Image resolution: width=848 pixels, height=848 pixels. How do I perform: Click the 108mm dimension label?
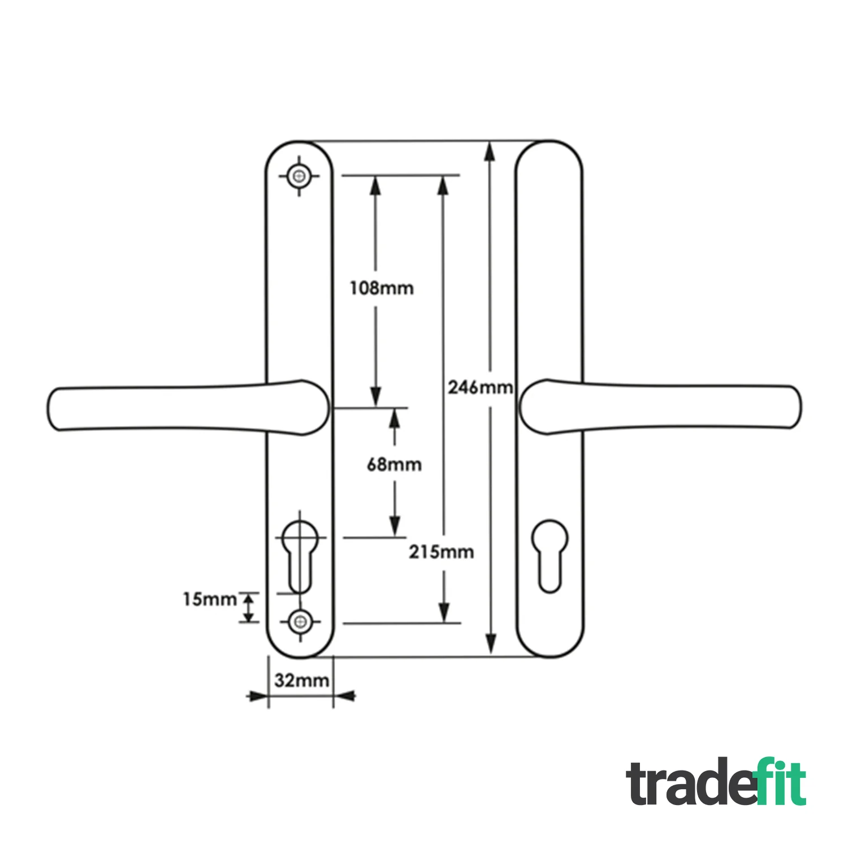click(x=382, y=288)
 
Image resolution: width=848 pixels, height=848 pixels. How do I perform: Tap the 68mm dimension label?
click(x=395, y=465)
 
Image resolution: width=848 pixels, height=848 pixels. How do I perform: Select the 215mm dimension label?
click(x=442, y=552)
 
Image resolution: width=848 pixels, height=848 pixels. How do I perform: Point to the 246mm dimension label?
click(x=481, y=388)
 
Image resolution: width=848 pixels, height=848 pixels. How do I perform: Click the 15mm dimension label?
click(x=210, y=599)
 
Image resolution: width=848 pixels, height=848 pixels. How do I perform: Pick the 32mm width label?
click(x=302, y=681)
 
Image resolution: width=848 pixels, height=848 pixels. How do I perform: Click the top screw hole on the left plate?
click(x=298, y=176)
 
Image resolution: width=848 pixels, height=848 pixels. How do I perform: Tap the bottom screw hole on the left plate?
click(x=300, y=622)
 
